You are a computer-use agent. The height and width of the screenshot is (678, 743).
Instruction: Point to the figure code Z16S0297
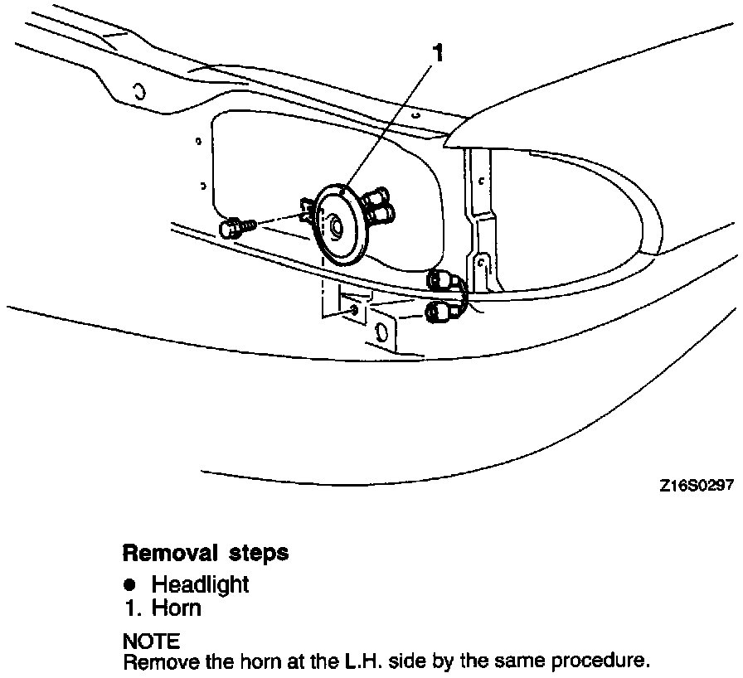[697, 487]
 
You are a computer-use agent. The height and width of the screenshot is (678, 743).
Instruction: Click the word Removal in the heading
[164, 553]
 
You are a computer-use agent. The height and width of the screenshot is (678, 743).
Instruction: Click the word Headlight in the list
[200, 584]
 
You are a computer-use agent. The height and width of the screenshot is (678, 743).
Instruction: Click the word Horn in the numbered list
[177, 608]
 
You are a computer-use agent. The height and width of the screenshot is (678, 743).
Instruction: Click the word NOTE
[150, 642]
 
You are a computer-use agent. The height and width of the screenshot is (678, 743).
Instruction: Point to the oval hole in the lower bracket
[381, 332]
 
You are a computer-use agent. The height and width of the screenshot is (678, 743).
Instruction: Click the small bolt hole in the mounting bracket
[355, 309]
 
